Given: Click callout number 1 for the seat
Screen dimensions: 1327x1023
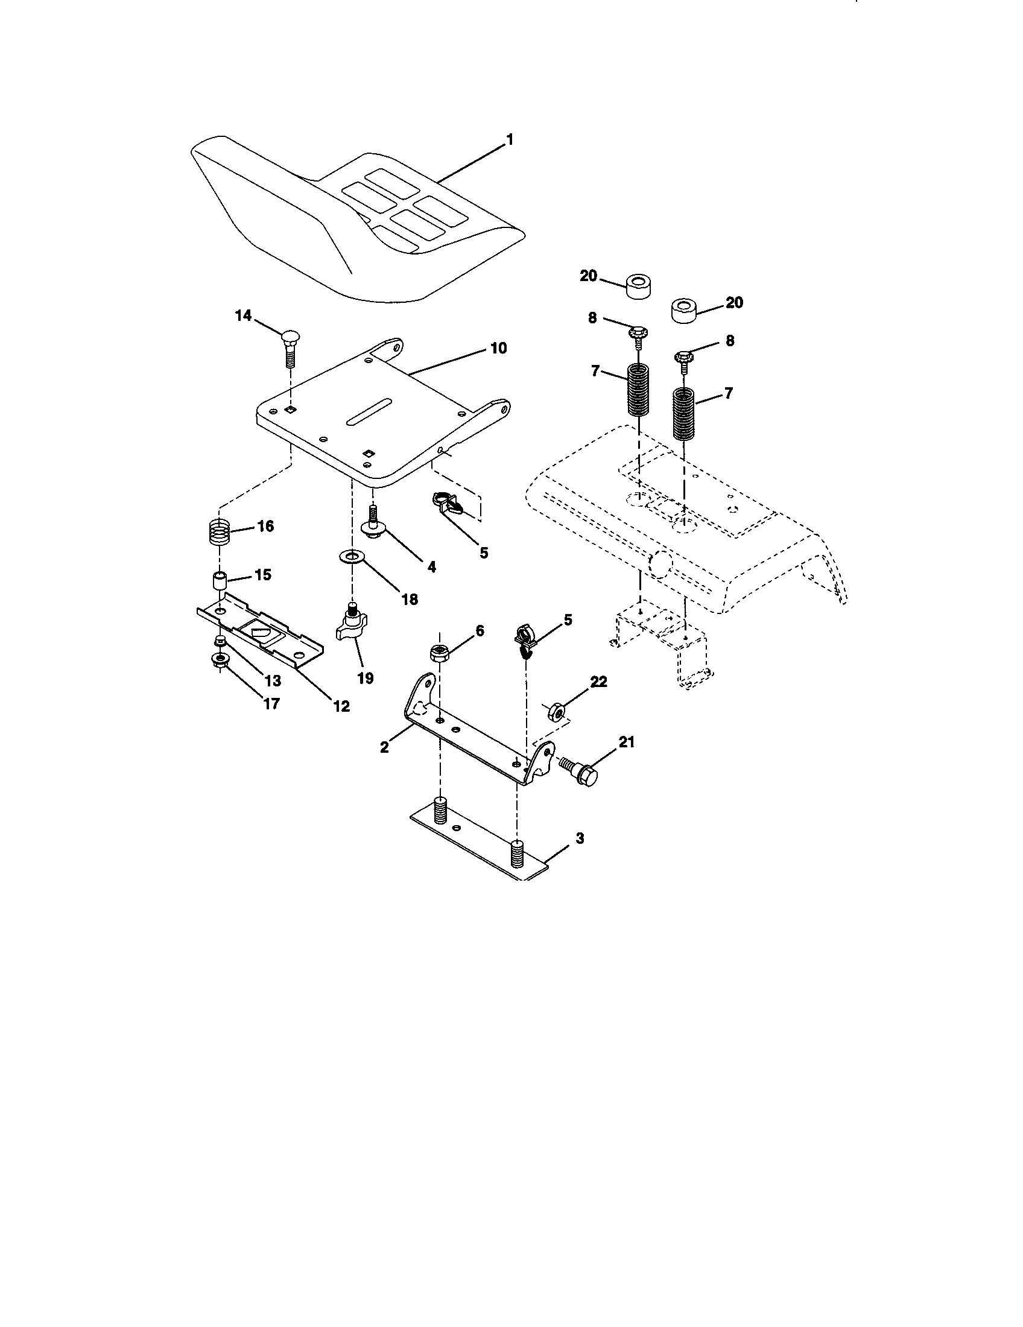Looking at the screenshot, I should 510,141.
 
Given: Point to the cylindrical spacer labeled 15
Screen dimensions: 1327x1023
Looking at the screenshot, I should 219,580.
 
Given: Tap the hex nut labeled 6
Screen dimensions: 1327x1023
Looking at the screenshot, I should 439,654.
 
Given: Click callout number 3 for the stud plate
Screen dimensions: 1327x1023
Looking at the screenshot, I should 580,838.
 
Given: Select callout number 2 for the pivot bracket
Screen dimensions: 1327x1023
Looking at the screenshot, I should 384,747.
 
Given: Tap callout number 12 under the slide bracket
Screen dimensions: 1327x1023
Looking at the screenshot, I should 342,706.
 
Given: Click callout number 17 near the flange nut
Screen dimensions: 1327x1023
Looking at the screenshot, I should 271,703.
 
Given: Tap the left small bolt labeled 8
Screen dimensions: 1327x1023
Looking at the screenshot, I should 638,336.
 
